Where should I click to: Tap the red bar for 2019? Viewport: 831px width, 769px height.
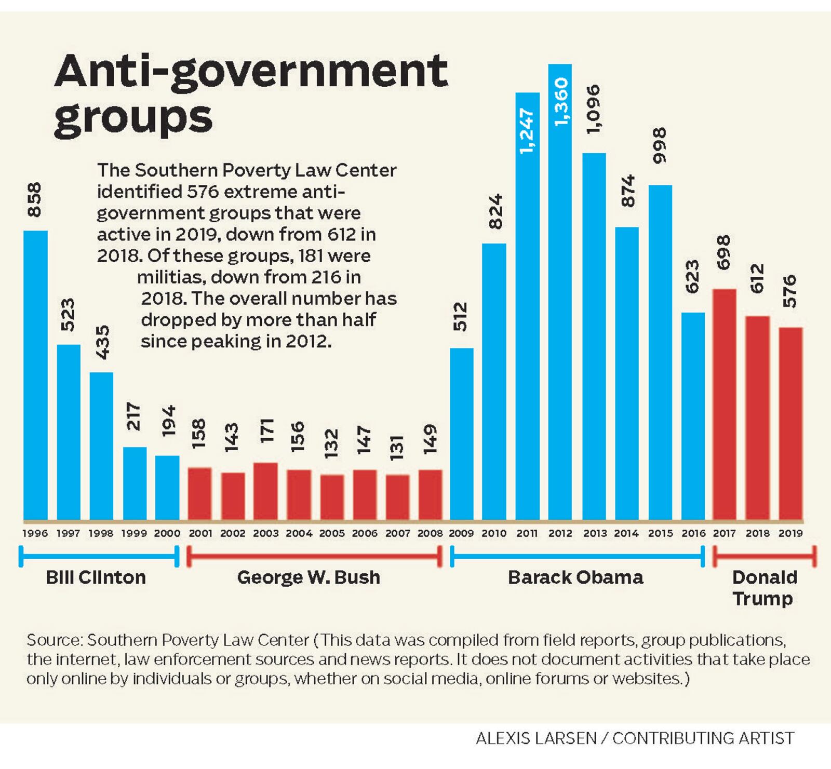[790, 423]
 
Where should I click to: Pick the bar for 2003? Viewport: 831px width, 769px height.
[265, 491]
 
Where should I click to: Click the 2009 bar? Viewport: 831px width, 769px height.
[461, 434]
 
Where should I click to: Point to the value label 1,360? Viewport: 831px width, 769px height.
[561, 102]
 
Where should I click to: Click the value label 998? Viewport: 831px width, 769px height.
[659, 146]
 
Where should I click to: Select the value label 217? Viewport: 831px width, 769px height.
[134, 416]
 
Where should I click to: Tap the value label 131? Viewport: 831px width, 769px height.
[397, 448]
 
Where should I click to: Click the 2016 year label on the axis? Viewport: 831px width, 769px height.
[693, 533]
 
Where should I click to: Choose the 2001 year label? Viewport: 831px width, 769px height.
[200, 533]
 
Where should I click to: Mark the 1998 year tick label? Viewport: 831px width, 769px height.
[101, 533]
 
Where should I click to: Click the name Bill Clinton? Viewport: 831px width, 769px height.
[96, 577]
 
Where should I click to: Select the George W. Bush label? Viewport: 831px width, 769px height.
[309, 577]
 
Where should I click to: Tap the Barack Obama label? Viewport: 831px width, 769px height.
[575, 577]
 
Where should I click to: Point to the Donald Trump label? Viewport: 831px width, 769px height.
[763, 588]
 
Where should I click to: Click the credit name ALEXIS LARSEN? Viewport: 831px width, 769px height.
[536, 738]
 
